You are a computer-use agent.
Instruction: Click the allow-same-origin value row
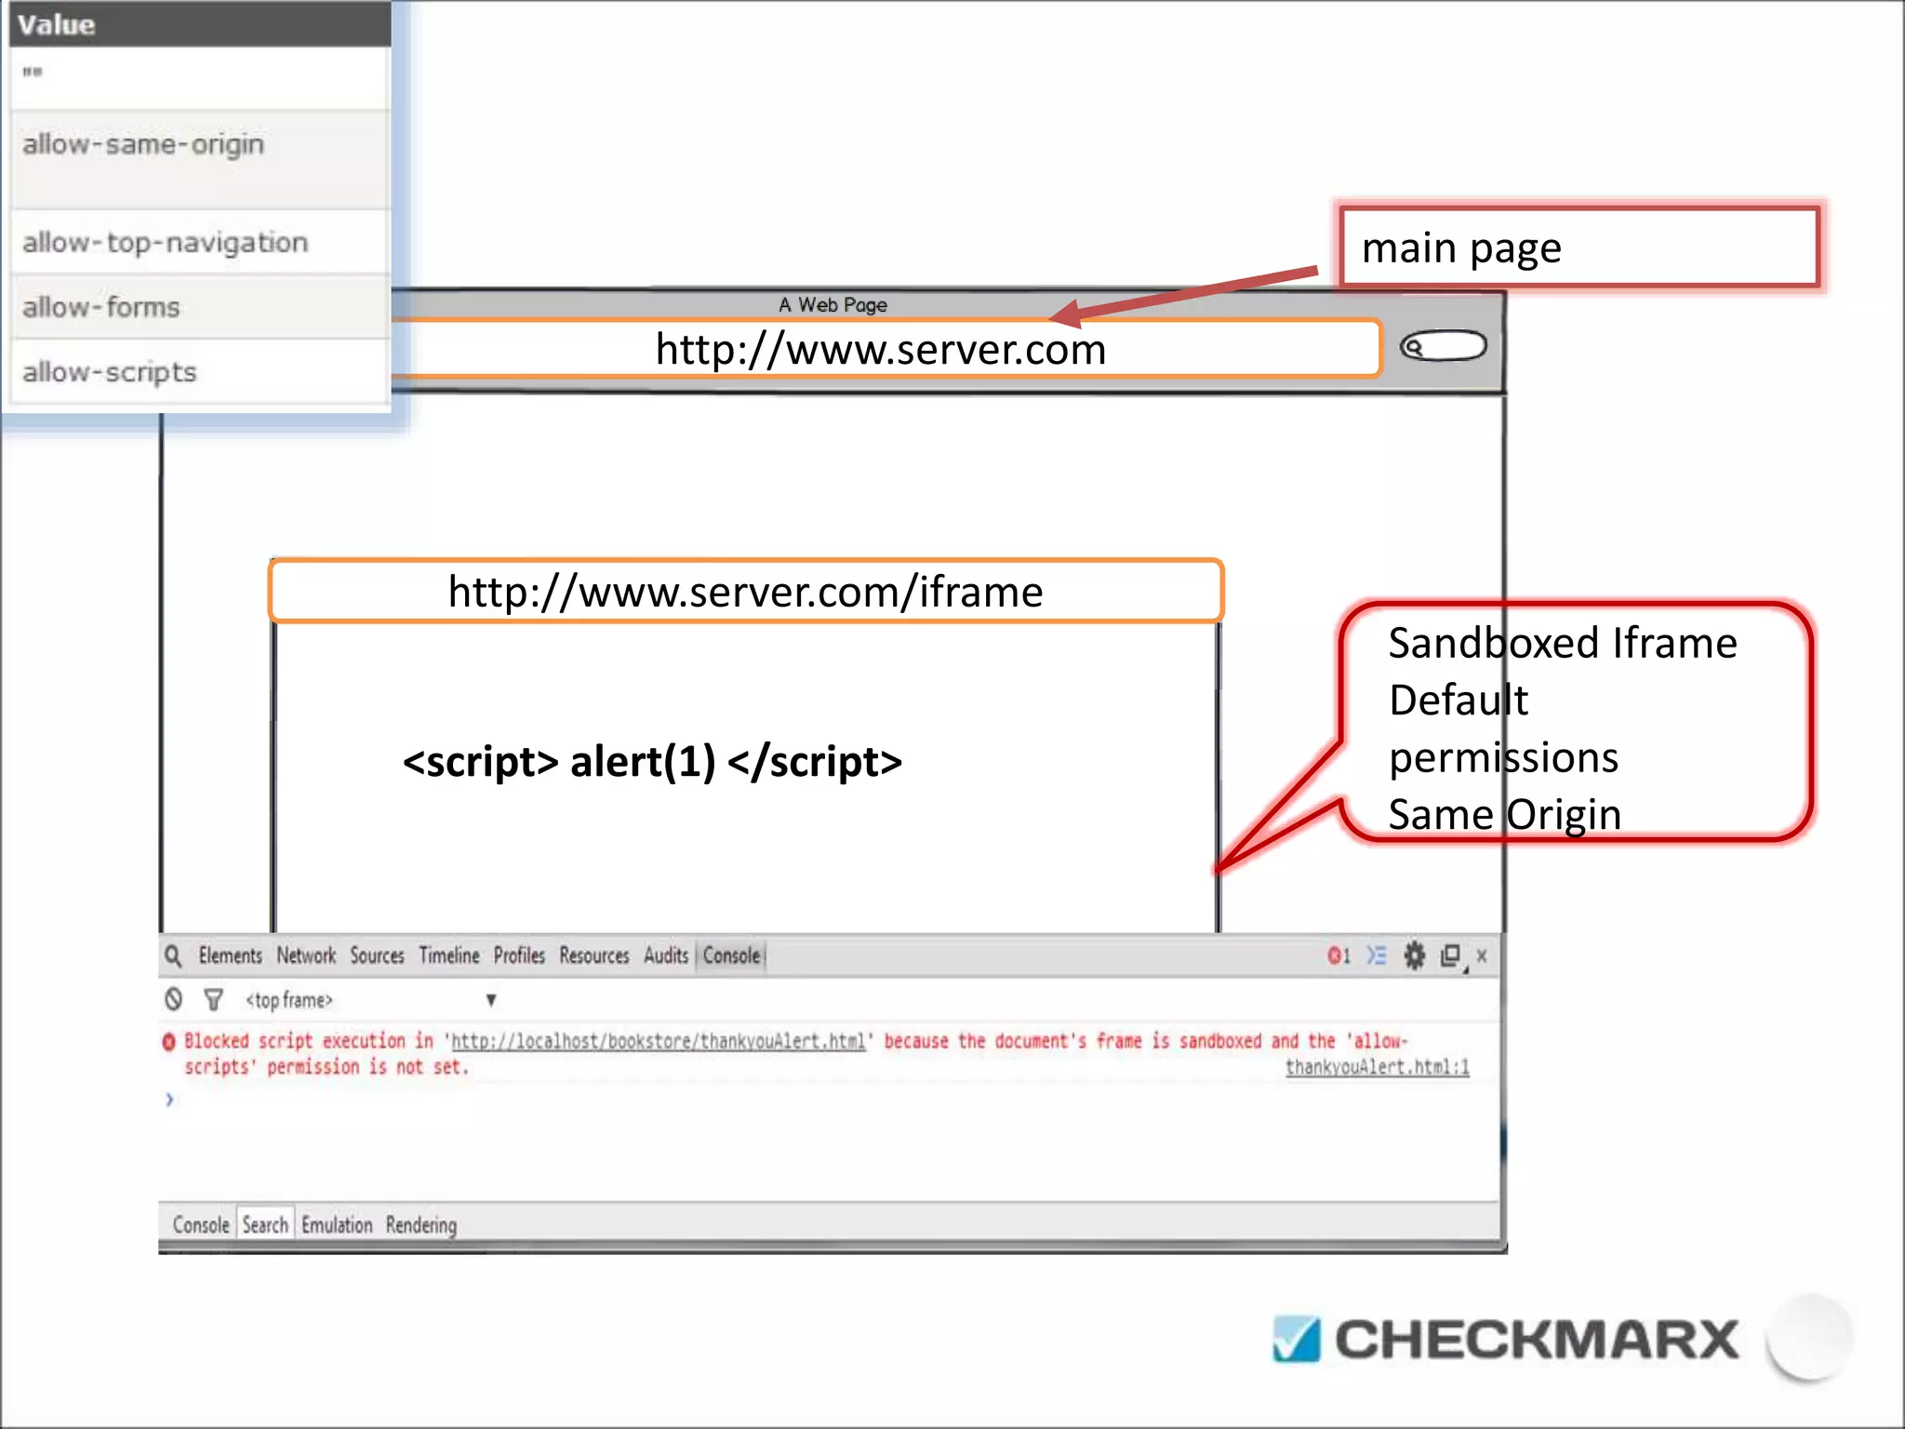click(x=143, y=145)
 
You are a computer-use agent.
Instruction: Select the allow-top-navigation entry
click(x=165, y=243)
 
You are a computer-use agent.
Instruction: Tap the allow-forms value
click(x=100, y=307)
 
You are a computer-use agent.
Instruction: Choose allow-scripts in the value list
click(x=110, y=372)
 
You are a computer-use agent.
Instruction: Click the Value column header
click(x=57, y=25)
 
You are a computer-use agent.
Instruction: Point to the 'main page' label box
click(x=1578, y=248)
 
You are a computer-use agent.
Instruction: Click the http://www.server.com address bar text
click(x=880, y=350)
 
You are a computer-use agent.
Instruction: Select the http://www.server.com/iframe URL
click(x=745, y=592)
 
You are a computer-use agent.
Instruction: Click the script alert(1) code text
click(x=652, y=762)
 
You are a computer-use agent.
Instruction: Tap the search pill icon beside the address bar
click(x=1443, y=346)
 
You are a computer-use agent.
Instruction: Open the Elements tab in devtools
click(x=230, y=955)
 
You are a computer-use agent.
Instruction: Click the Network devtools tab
click(x=306, y=955)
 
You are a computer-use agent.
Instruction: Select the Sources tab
click(x=377, y=955)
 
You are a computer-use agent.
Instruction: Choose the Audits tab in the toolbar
click(x=666, y=955)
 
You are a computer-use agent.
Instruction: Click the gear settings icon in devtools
click(x=1414, y=955)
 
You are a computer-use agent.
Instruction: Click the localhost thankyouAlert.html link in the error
click(x=659, y=1041)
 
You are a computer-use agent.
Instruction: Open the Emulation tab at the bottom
click(x=337, y=1224)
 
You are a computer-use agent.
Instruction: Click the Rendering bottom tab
click(x=421, y=1224)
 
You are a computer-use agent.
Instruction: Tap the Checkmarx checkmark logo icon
click(x=1296, y=1340)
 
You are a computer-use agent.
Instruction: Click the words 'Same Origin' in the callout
click(x=1504, y=815)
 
